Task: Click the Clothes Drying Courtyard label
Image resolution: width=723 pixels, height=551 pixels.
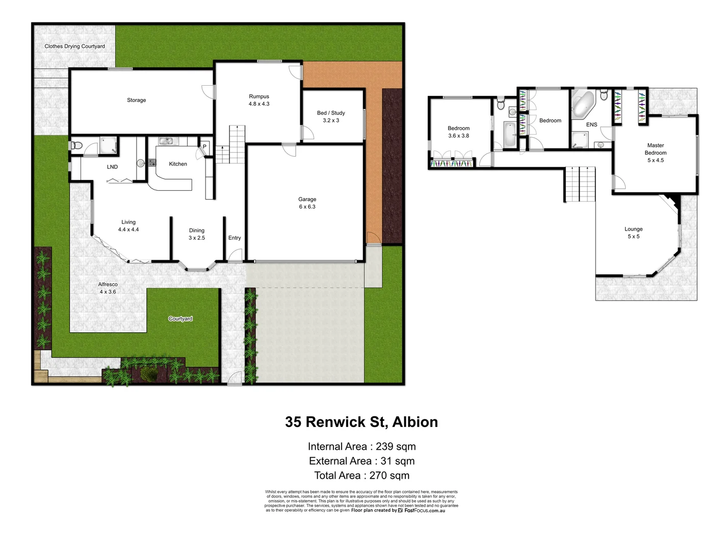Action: click(74, 46)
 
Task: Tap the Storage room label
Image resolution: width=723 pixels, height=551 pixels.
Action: click(136, 101)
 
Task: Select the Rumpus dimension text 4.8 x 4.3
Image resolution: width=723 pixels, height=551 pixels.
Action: click(259, 104)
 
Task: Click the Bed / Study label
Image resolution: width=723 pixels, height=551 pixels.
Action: click(331, 113)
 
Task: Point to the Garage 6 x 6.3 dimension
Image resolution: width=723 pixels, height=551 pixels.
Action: click(307, 207)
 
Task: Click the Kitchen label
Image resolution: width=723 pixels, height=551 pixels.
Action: click(178, 164)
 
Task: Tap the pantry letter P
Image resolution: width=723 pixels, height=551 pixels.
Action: click(204, 147)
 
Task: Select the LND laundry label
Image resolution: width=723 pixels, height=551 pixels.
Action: click(112, 167)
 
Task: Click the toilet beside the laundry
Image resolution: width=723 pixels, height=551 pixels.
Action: click(76, 145)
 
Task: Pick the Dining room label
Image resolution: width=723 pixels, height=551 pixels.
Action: click(196, 231)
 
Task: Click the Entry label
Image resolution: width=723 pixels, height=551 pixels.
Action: click(235, 238)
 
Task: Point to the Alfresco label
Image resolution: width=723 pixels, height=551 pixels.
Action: click(108, 285)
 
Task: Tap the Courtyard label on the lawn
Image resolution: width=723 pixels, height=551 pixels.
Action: click(180, 319)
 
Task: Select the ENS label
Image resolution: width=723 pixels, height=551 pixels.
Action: click(591, 125)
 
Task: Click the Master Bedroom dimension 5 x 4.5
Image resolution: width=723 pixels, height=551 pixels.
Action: click(656, 161)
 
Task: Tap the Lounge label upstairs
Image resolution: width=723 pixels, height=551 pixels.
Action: click(633, 230)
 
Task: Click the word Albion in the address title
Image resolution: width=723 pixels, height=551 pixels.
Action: click(415, 422)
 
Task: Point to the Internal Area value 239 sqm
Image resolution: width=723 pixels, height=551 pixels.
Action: click(396, 447)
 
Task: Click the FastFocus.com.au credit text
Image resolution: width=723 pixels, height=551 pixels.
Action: click(424, 511)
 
